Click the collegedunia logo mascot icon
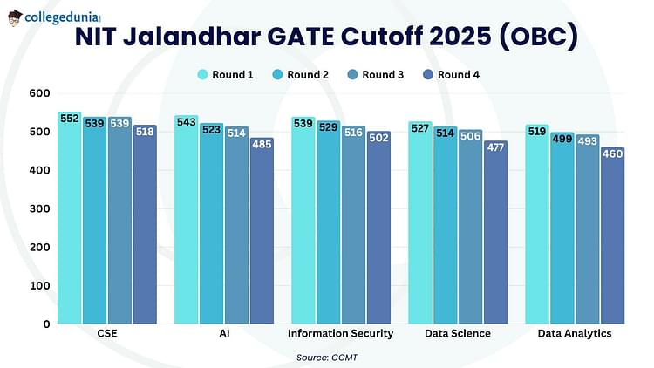[x=15, y=18]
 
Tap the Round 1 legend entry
[x=225, y=75]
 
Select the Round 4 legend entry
[x=452, y=75]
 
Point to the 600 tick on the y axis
[x=39, y=93]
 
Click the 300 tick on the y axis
[x=39, y=208]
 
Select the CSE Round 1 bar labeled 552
[x=69, y=218]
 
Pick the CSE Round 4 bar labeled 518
[x=145, y=224]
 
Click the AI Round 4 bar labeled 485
[x=262, y=231]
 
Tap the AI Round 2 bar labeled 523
[x=212, y=223]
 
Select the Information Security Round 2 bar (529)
[x=328, y=222]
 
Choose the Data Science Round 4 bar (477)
[x=495, y=232]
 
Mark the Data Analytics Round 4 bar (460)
[x=613, y=235]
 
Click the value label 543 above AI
[x=186, y=122]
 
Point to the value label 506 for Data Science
[x=471, y=135]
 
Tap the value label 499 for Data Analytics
[x=562, y=139]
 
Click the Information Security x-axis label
[x=340, y=333]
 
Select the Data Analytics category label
[x=575, y=333]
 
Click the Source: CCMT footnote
[x=327, y=358]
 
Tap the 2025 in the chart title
[x=460, y=37]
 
